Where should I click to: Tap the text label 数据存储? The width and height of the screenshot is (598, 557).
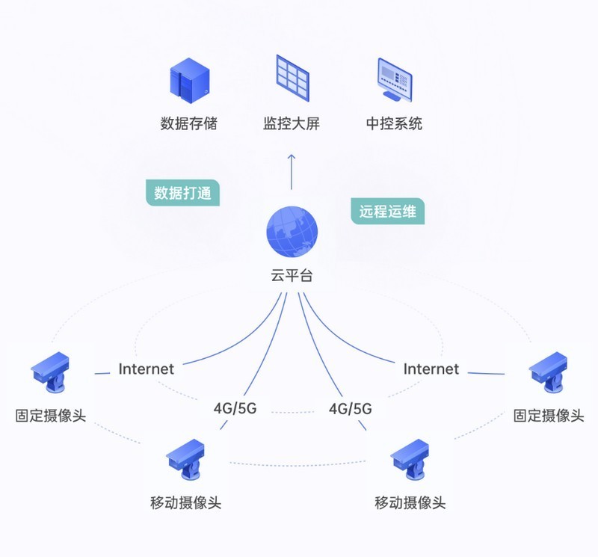tap(188, 123)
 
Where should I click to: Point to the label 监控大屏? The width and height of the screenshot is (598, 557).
tap(292, 123)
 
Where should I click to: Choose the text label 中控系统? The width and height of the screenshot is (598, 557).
tap(394, 123)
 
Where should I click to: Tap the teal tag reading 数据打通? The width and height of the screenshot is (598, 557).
tap(182, 193)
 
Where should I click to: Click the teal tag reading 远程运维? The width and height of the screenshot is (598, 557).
tap(387, 211)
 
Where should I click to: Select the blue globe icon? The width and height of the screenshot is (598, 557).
tap(292, 230)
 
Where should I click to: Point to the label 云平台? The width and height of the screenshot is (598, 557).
tap(292, 275)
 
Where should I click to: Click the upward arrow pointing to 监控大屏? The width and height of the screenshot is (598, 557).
tap(292, 170)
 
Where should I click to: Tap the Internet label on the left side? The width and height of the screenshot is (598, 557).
tap(146, 369)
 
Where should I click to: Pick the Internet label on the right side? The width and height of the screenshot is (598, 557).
tap(431, 369)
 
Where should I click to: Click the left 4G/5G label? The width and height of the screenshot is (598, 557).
tap(235, 409)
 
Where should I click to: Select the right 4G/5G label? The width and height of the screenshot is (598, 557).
tap(351, 409)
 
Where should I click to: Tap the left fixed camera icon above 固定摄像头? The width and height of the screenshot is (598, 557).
tap(51, 372)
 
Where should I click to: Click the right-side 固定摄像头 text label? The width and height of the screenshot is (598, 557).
tap(548, 416)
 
